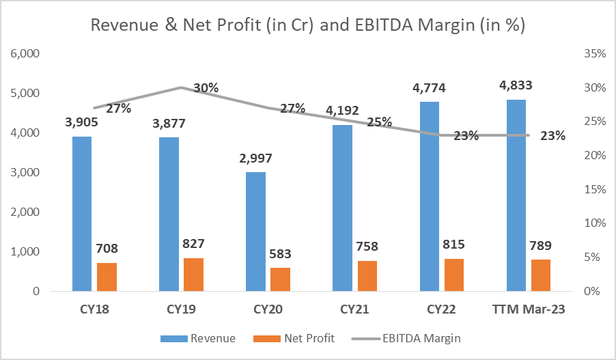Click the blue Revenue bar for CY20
point(255,232)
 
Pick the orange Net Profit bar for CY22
point(454,275)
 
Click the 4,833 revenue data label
point(516,85)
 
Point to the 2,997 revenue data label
point(255,158)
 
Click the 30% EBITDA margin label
point(206,87)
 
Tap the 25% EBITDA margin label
point(378,122)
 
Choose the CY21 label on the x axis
point(354,309)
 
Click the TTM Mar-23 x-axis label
point(528,309)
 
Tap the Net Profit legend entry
point(309,338)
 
